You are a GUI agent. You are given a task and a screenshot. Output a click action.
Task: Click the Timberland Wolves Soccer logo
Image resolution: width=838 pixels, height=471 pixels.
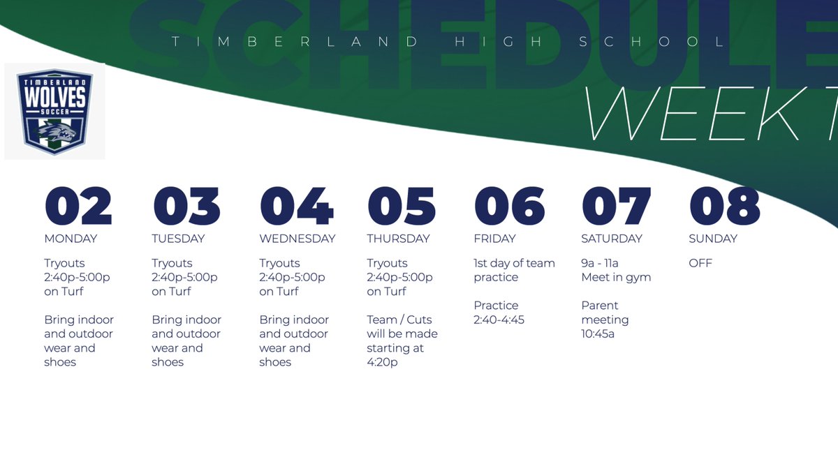55,111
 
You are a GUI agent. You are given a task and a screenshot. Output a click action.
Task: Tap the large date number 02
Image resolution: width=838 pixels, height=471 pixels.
78,206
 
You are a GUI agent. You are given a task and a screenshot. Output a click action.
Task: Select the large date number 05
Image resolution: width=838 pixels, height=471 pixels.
401,206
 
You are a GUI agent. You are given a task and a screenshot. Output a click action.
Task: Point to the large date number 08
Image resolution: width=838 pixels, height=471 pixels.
724,206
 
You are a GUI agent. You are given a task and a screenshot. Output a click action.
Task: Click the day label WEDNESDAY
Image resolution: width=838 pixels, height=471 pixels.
297,239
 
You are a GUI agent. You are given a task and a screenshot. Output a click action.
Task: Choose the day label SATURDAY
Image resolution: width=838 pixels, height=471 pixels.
612,239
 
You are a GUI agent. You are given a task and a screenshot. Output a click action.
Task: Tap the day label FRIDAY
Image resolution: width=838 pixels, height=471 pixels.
494,239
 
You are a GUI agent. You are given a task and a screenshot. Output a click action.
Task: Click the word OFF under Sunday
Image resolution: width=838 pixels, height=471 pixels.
700,263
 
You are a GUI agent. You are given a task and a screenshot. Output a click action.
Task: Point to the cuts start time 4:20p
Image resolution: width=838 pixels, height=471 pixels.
382,362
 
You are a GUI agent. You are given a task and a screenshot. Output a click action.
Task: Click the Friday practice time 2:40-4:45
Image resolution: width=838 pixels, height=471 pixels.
499,320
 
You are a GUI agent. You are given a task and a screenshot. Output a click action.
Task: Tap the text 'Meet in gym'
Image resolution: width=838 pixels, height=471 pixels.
616,277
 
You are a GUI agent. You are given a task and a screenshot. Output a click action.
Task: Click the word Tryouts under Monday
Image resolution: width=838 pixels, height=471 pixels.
64,263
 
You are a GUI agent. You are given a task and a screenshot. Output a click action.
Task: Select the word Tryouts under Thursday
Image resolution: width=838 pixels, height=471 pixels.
387,263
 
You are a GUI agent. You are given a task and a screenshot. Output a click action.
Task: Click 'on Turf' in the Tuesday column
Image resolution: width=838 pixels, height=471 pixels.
171,292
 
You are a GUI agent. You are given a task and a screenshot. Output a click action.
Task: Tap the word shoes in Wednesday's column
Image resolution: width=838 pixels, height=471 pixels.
275,362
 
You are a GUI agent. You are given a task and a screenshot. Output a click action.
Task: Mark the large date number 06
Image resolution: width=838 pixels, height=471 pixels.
509,206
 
